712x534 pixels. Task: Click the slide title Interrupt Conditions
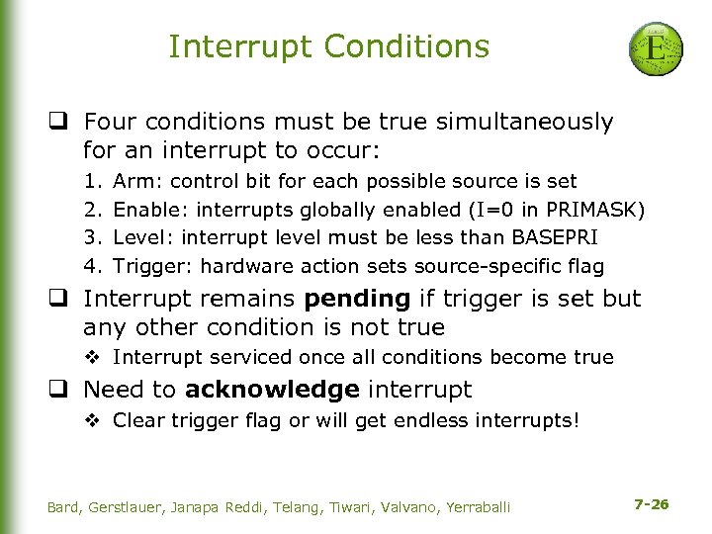[x=328, y=46]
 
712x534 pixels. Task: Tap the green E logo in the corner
[x=654, y=47]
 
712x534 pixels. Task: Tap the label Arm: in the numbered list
[x=133, y=182]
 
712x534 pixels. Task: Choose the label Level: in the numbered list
[x=140, y=237]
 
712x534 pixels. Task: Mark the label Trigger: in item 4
[x=148, y=266]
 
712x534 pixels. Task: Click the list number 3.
[x=91, y=237]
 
